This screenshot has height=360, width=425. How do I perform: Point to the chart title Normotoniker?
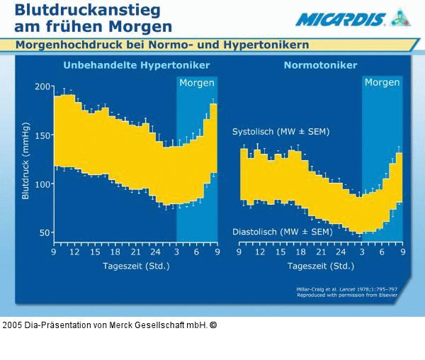[x=320, y=66]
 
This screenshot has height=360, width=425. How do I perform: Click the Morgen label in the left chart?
[x=196, y=83]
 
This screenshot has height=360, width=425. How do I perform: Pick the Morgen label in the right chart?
[x=382, y=83]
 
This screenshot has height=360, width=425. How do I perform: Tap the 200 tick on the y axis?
[x=44, y=86]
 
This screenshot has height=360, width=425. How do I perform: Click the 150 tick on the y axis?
[x=44, y=135]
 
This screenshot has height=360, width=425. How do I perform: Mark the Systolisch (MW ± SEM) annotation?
[x=280, y=132]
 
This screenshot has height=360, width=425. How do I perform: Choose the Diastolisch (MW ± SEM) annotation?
[x=282, y=232]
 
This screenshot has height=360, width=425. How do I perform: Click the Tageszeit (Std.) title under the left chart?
[x=135, y=266]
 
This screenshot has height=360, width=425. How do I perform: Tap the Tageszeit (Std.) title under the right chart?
[x=320, y=266]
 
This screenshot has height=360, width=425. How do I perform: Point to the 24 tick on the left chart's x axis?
[x=156, y=252]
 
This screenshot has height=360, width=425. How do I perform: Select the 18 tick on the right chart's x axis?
[x=300, y=252]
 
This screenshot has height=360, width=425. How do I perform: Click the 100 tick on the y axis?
[x=44, y=184]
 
